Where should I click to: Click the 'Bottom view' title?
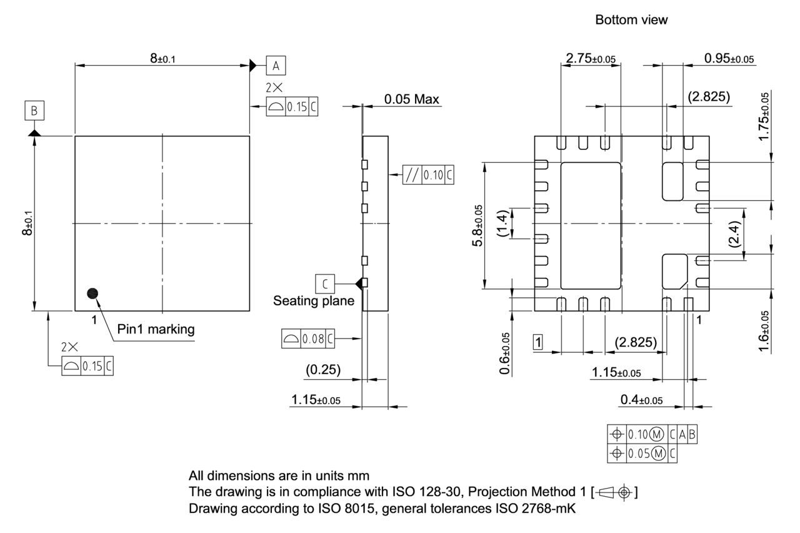pos(631,20)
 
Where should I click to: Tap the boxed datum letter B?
pos(34,111)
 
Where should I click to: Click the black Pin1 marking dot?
pos(93,292)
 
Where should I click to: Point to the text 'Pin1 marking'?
pos(156,329)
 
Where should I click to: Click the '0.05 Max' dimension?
pos(411,99)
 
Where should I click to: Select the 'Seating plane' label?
pos(314,301)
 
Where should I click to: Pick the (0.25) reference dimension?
pos(323,370)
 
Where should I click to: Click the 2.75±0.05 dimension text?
pos(591,59)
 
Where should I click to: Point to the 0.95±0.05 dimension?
pos(729,59)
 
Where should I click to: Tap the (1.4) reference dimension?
pos(502,224)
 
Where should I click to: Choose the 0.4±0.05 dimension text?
pos(641,400)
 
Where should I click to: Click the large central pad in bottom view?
pos(591,224)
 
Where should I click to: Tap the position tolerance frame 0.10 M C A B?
pos(652,435)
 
